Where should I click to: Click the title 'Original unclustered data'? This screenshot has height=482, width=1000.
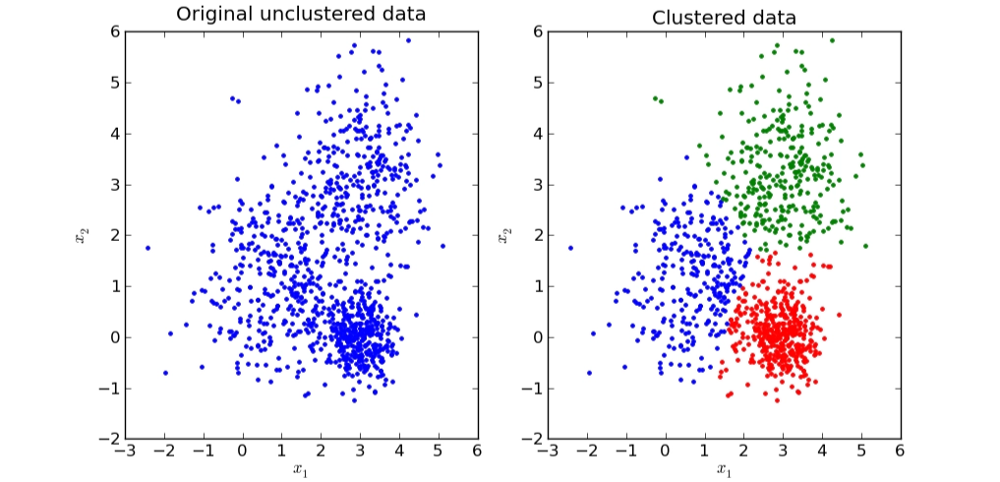301,14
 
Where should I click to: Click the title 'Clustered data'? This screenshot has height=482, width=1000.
724,17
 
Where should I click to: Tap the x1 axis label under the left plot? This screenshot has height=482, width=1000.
301,469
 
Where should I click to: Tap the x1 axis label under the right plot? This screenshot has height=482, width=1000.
724,469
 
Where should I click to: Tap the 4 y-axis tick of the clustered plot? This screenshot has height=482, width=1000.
535,134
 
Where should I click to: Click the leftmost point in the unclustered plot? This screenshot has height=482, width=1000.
147,248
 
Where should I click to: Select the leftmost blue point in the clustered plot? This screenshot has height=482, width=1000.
570,248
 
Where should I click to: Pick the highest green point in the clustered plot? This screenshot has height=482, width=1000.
832,40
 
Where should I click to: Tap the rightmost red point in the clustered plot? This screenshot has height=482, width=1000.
839,315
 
